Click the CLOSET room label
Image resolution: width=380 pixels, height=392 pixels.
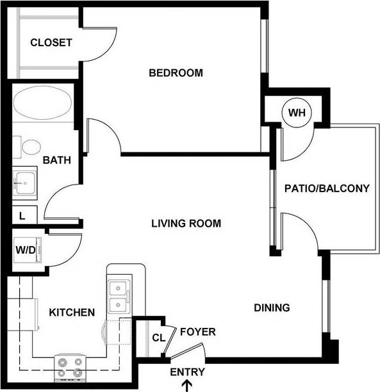(x=51, y=43)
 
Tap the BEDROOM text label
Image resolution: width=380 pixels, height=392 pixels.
(x=176, y=73)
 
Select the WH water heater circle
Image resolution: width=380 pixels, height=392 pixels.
(x=297, y=113)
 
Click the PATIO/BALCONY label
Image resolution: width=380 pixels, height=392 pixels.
(x=327, y=188)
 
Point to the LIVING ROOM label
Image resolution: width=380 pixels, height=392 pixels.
(x=186, y=224)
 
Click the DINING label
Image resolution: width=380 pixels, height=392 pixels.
(x=272, y=307)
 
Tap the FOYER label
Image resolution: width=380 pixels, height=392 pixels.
(x=197, y=332)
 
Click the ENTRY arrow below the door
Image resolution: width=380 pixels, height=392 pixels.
(x=188, y=385)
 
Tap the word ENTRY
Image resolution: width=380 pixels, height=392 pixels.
(x=188, y=372)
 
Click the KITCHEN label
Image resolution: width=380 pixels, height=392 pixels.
(x=72, y=313)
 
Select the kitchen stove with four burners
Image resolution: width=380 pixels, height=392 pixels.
(x=69, y=367)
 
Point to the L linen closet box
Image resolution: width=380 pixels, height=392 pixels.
(x=22, y=216)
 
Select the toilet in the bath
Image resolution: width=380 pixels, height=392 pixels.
(x=29, y=147)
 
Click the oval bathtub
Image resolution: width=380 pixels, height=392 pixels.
(x=42, y=102)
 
